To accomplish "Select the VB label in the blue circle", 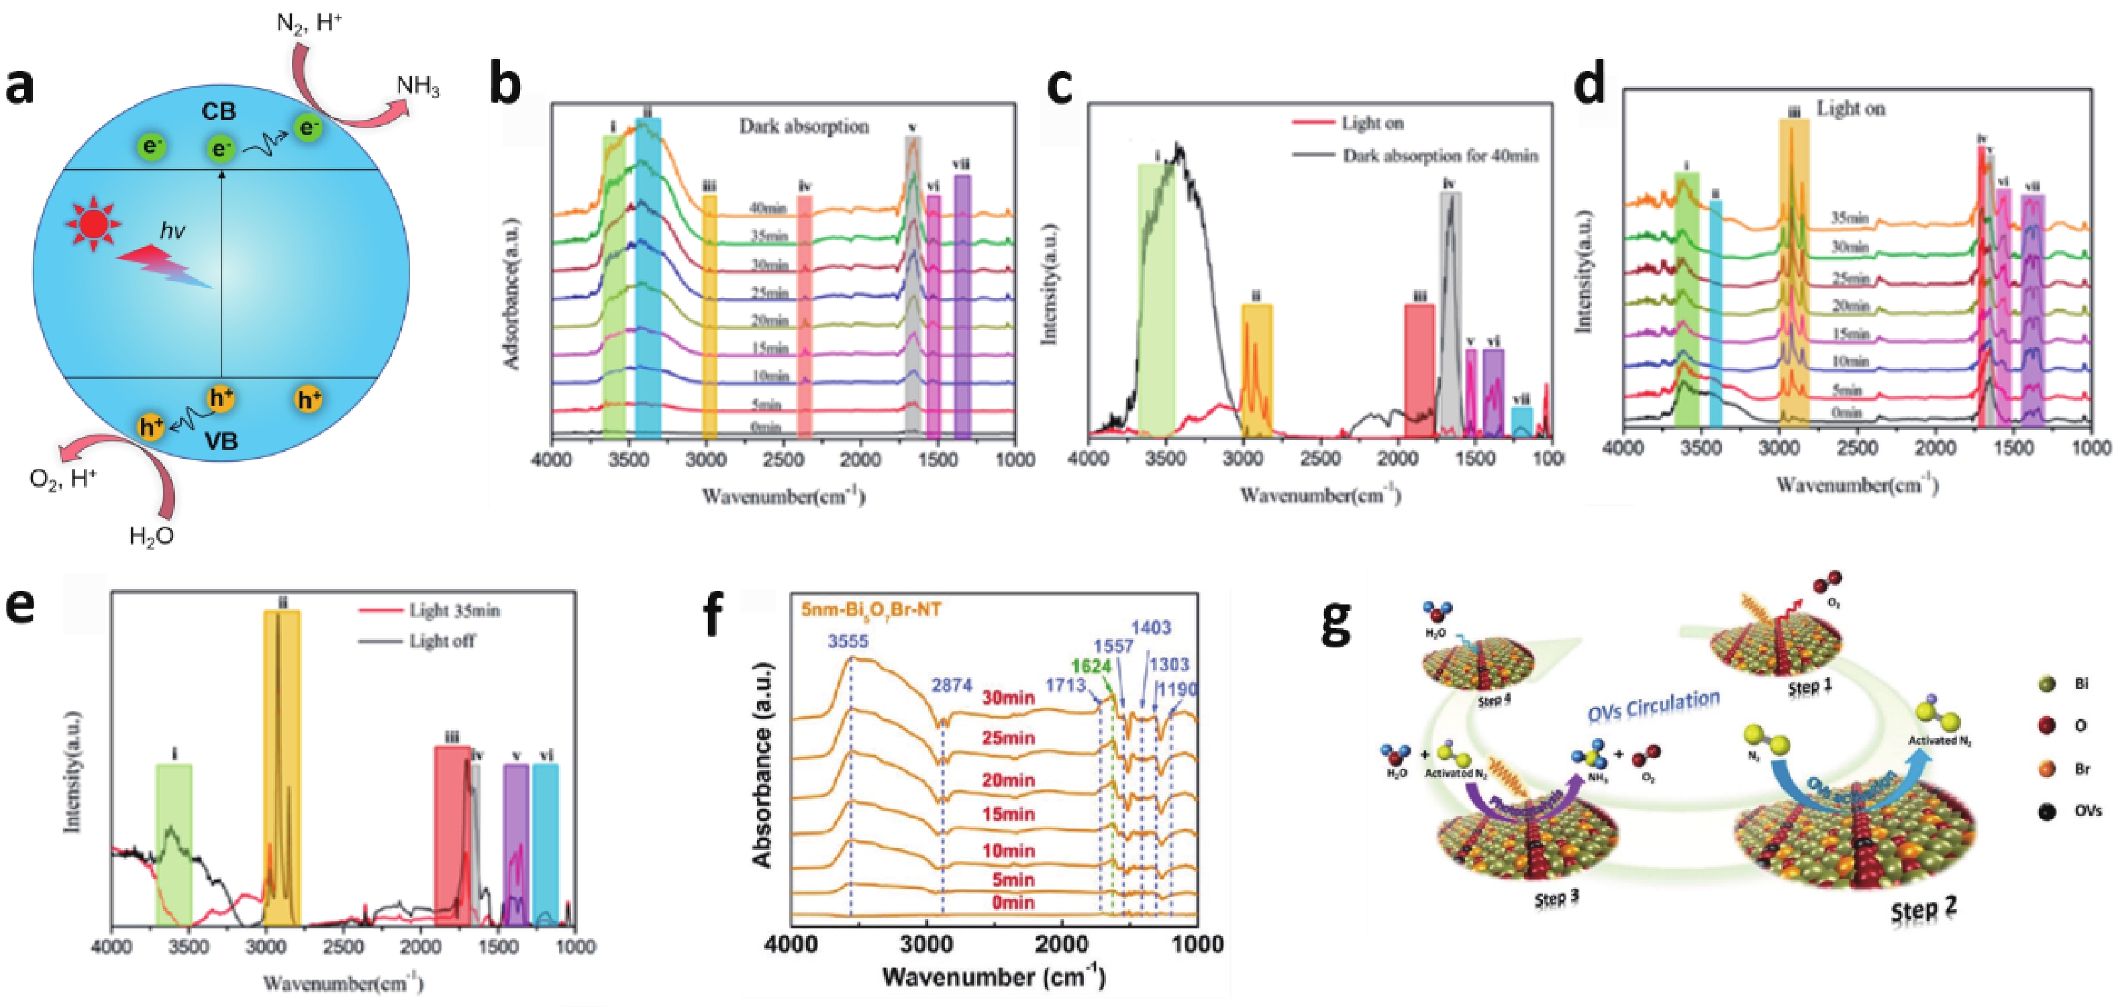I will coord(221,441).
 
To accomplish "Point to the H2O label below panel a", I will coord(152,536).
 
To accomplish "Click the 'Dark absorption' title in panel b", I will coord(803,126).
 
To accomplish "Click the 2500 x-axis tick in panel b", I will coord(783,460).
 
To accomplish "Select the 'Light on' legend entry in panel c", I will coord(1372,123).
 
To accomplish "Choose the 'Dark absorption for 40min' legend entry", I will coord(1440,156).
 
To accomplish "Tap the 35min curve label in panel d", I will coord(1850,218).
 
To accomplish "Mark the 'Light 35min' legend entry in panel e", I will coord(454,611).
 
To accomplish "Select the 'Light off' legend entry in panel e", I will coord(442,641).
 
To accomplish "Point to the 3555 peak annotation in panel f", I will coord(848,641).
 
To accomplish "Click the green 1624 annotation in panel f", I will coord(1091,666).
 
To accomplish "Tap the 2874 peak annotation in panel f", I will coord(952,685).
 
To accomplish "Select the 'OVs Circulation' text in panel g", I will coord(1653,706).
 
